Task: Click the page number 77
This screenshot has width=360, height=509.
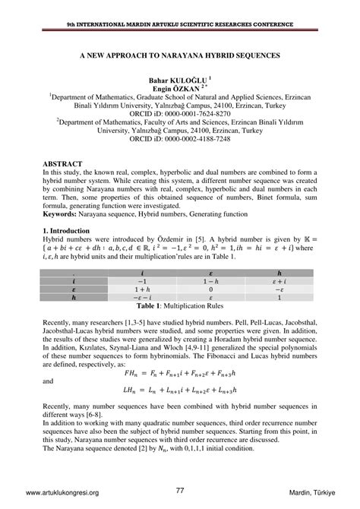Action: pos(180,491)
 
